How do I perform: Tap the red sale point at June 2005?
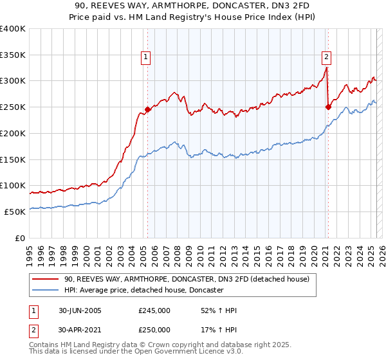147,109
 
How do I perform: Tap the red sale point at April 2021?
328,107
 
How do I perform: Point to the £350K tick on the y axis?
13,55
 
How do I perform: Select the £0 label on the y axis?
19,238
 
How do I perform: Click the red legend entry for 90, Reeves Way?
187,279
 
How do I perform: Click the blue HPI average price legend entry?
143,291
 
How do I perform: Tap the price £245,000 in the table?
154,310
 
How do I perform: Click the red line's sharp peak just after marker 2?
327,67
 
